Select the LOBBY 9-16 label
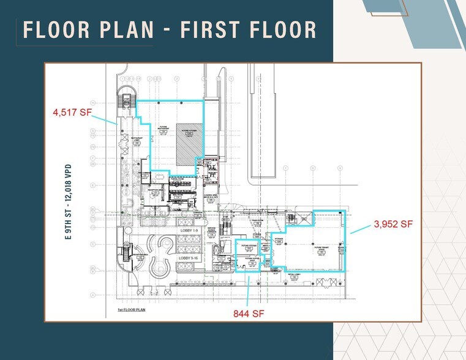189,258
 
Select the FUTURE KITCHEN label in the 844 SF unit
247,246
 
